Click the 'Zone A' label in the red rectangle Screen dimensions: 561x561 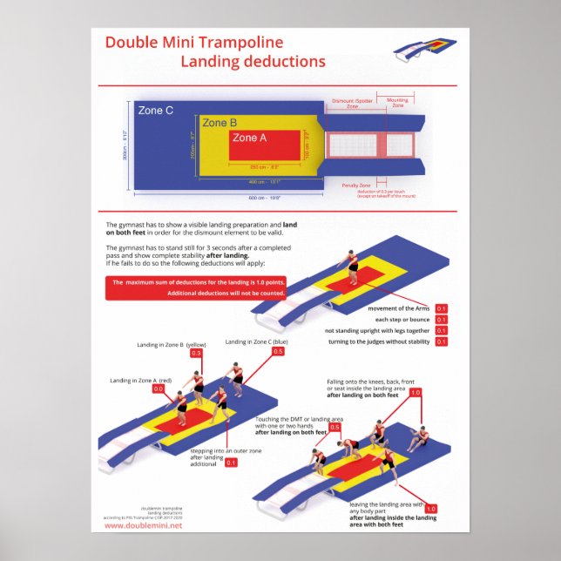pyautogui.click(x=250, y=138)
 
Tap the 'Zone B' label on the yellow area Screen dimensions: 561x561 pyautogui.click(x=220, y=123)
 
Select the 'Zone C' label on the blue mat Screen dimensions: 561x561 pyautogui.click(x=156, y=111)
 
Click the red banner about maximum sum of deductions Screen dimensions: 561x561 pyautogui.click(x=197, y=287)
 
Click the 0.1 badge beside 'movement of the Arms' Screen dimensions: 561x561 pyautogui.click(x=441, y=308)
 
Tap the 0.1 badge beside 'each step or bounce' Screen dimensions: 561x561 pyautogui.click(x=441, y=320)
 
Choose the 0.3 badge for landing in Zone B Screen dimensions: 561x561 pyautogui.click(x=196, y=354)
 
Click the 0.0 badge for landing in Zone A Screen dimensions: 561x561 pyautogui.click(x=158, y=389)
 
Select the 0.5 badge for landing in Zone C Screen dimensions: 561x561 pyautogui.click(x=279, y=352)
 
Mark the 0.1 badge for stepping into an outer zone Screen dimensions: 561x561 pyautogui.click(x=231, y=463)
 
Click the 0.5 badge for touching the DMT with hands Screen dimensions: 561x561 pyautogui.click(x=335, y=428)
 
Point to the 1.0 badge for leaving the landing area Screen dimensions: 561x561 pyautogui.click(x=430, y=508)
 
